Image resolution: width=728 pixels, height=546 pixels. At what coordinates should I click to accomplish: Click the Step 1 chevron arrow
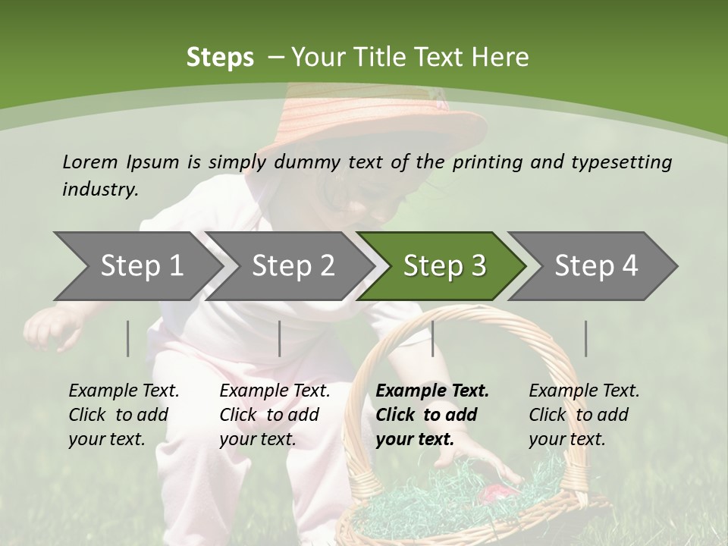click(136, 265)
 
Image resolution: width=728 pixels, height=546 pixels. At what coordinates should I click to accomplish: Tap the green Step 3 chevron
click(444, 265)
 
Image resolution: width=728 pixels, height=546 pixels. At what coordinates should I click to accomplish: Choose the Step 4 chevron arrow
click(596, 265)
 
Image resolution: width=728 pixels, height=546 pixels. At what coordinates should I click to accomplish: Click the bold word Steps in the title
click(220, 57)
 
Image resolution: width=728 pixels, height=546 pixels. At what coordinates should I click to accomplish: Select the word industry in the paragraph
click(99, 189)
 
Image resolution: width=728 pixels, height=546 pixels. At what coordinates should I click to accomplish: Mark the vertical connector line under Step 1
click(128, 338)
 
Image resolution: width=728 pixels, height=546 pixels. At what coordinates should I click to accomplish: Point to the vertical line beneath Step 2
click(280, 338)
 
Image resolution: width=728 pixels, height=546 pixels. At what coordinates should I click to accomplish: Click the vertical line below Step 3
click(432, 338)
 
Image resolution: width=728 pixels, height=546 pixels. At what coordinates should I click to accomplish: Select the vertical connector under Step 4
click(585, 338)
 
